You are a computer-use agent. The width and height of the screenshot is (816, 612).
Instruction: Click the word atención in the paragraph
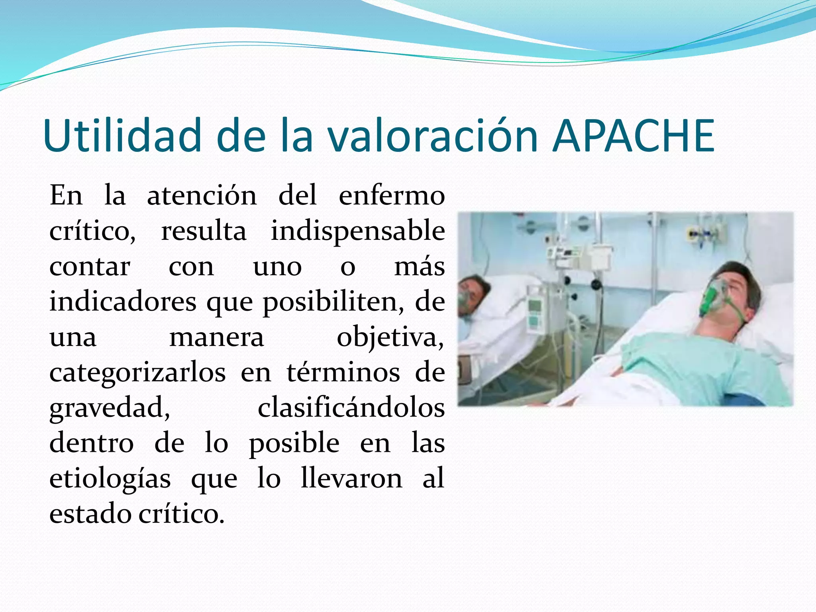pyautogui.click(x=202, y=196)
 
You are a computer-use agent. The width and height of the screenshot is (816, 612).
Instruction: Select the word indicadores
pyautogui.click(x=123, y=302)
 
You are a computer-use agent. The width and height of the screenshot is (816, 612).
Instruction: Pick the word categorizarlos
pyautogui.click(x=137, y=373)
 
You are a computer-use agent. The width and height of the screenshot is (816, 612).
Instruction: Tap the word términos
pyautogui.click(x=343, y=373)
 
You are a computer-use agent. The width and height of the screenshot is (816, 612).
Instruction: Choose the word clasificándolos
pyautogui.click(x=351, y=408)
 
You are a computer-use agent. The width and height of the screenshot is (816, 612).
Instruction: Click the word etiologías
pyautogui.click(x=110, y=479)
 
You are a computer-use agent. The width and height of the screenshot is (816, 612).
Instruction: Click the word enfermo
pyautogui.click(x=392, y=196)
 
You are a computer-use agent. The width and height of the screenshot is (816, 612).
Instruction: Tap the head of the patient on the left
pyautogui.click(x=474, y=293)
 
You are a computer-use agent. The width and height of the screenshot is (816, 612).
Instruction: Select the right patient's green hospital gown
pyautogui.click(x=701, y=367)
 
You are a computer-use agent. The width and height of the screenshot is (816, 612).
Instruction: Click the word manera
pyautogui.click(x=216, y=338)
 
